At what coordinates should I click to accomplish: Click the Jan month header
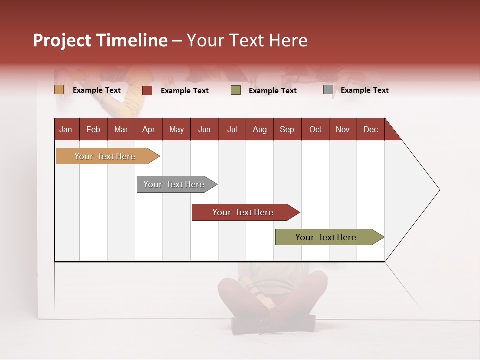66,130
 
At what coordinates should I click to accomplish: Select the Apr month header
149,130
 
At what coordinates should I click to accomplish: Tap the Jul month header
232,130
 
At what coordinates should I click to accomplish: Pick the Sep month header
287,130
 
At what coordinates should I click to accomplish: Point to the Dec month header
370,130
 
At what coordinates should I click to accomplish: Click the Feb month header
93,130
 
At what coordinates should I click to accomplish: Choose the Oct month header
315,130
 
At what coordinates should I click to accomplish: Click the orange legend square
59,90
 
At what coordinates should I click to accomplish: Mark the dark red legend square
147,90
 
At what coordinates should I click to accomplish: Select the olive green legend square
236,90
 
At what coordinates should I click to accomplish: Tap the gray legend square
328,90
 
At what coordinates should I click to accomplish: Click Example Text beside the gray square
364,90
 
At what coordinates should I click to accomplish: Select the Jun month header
204,130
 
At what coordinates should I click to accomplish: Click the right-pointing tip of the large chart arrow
438,190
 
